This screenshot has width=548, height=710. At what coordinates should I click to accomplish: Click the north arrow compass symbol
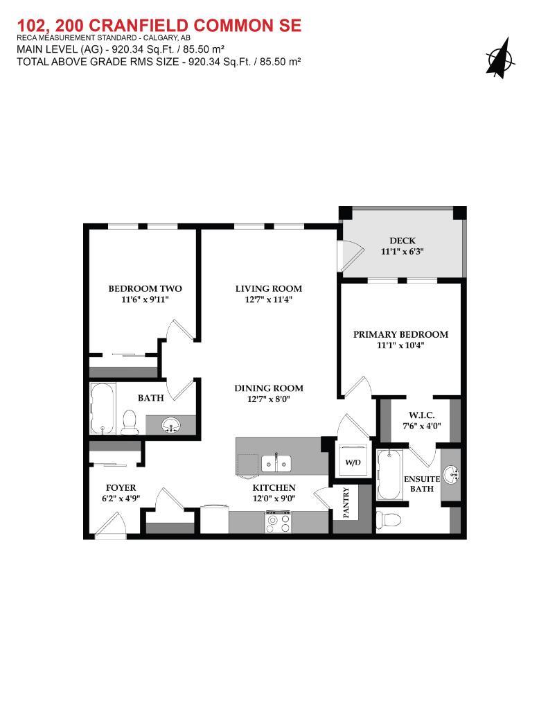click(x=500, y=56)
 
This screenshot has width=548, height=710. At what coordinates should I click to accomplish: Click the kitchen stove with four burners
click(x=279, y=521)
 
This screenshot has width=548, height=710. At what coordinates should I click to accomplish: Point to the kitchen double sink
click(x=277, y=462)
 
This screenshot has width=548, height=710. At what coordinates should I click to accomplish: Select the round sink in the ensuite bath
click(x=452, y=475)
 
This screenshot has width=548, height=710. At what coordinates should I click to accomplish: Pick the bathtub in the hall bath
click(x=103, y=408)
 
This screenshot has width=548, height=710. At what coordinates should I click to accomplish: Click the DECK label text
click(x=403, y=241)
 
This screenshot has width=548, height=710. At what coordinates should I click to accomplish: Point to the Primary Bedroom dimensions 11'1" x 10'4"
click(x=400, y=345)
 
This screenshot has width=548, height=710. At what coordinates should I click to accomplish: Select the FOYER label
click(x=121, y=487)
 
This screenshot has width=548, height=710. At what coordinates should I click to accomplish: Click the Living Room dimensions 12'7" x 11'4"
click(x=268, y=300)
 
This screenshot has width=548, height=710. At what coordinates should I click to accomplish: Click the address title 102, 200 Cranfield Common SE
click(x=159, y=26)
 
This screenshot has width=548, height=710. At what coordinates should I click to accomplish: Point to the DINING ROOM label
click(x=268, y=388)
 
